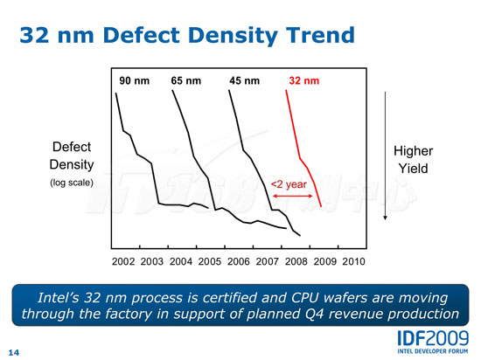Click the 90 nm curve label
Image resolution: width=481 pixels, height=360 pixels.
click(135, 81)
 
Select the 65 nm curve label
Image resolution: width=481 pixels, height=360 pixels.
click(186, 81)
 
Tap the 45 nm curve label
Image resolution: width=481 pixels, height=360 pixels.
click(245, 81)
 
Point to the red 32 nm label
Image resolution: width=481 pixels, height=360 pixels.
click(304, 81)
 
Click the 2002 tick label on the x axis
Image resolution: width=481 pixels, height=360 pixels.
click(123, 261)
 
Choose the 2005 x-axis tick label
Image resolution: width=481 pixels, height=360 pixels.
click(210, 261)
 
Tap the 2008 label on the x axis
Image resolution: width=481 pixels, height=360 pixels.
click(296, 261)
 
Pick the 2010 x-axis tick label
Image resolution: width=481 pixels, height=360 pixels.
click(353, 261)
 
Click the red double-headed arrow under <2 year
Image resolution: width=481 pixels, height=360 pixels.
click(293, 196)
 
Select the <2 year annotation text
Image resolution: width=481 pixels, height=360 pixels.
click(289, 184)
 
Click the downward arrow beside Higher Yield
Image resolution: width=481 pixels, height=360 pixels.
click(386, 156)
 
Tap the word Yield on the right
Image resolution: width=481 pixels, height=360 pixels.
click(413, 169)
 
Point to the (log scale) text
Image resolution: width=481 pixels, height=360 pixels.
click(72, 183)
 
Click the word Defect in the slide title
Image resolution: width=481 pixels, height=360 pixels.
click(142, 35)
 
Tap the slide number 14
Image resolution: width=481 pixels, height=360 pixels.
click(13, 353)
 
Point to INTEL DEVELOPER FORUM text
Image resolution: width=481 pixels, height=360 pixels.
click(433, 351)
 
